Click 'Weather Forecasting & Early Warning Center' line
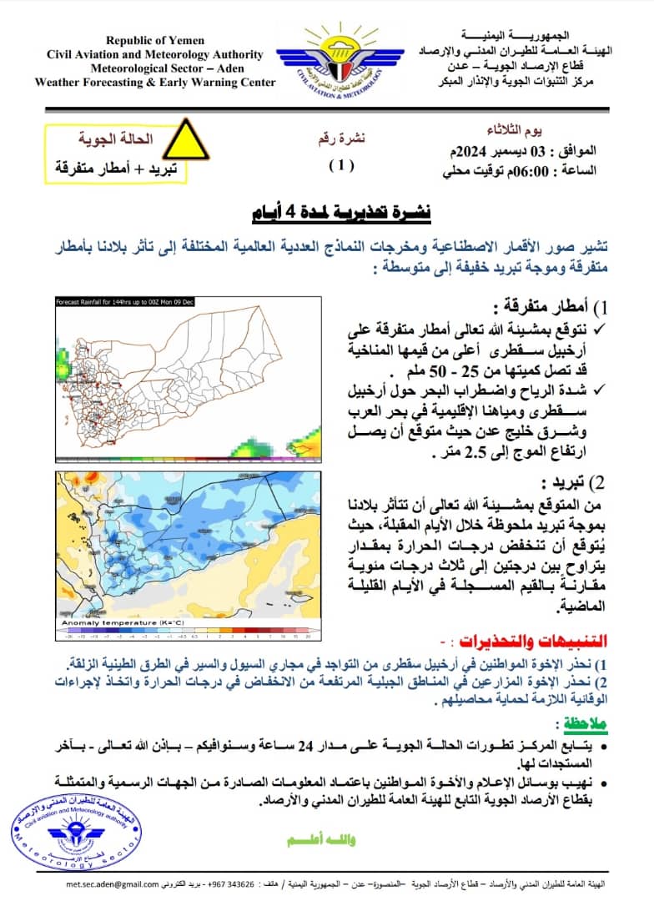(x=155, y=82)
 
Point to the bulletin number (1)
(x=340, y=165)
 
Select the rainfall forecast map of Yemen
(x=187, y=380)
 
